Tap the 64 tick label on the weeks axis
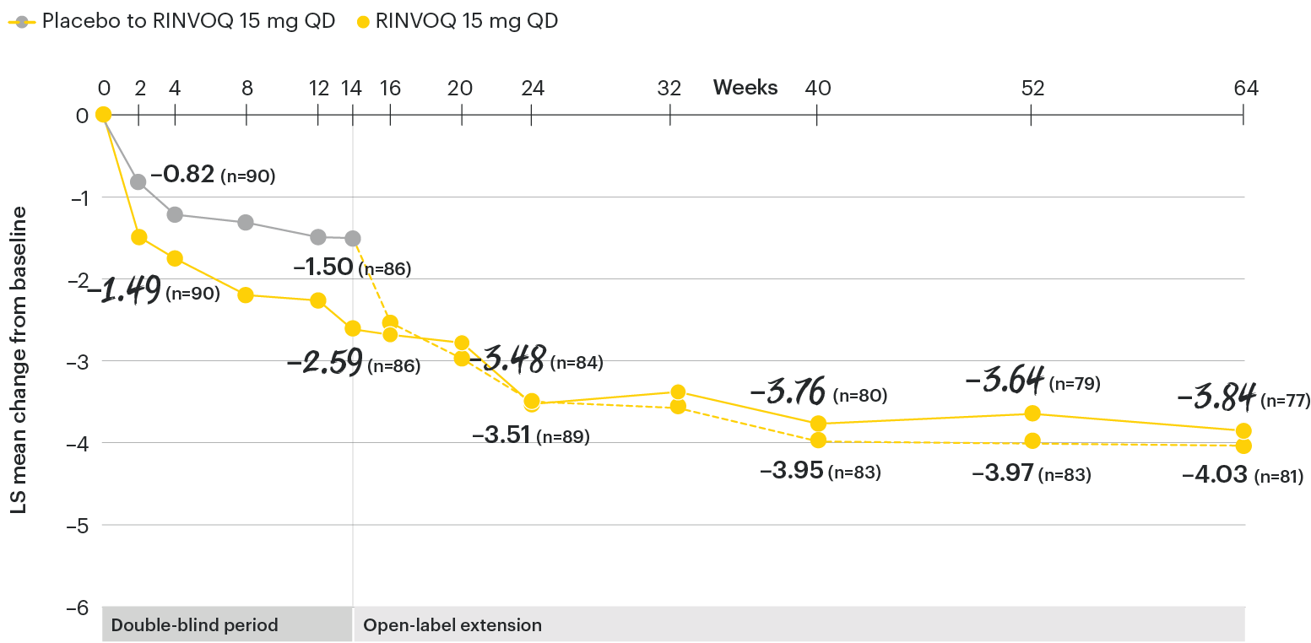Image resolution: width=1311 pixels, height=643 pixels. click(1245, 88)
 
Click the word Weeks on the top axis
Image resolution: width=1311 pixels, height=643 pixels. click(745, 88)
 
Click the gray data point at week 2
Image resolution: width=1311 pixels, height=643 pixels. click(138, 181)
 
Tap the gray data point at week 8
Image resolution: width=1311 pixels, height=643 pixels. click(246, 222)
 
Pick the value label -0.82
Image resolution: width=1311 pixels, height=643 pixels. click(182, 176)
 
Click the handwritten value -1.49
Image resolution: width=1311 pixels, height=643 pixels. click(127, 291)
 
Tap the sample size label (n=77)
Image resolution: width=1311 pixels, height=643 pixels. click(1287, 400)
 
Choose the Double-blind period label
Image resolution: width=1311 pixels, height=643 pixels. click(195, 626)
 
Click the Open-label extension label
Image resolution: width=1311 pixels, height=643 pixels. click(452, 626)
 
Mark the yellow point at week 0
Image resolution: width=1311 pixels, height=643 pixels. click(103, 115)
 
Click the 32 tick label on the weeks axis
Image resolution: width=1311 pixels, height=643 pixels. click(669, 88)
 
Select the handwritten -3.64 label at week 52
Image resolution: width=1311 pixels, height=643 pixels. click(1005, 380)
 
